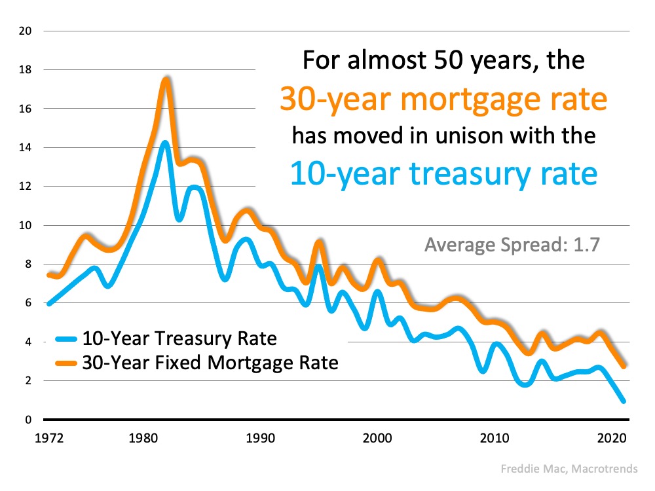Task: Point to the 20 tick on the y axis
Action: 26,31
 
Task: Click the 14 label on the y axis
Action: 26,147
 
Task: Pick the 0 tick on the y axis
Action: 29,420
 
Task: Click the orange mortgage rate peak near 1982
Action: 166,80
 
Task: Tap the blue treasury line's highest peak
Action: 165,143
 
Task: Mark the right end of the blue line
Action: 623,401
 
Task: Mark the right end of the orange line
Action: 623,366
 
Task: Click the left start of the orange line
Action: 48,274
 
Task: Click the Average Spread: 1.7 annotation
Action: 512,245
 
